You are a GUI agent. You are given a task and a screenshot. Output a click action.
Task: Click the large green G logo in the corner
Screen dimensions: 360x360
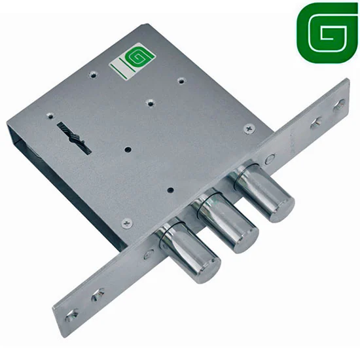(327, 33)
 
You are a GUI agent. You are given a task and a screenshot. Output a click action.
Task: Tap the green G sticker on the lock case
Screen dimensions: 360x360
(132, 60)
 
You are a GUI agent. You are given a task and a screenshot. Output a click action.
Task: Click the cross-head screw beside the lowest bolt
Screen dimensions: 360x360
(127, 223)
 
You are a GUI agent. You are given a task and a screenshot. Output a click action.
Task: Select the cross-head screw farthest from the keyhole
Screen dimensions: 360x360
(249, 128)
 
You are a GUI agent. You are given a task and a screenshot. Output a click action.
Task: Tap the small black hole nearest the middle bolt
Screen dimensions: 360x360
(170, 190)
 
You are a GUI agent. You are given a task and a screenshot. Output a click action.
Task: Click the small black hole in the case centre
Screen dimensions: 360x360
(128, 150)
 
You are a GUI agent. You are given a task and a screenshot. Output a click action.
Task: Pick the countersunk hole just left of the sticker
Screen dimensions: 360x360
(93, 74)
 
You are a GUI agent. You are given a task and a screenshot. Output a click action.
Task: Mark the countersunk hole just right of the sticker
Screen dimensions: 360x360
(181, 81)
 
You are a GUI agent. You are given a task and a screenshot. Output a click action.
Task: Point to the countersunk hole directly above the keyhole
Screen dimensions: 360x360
(50, 115)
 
